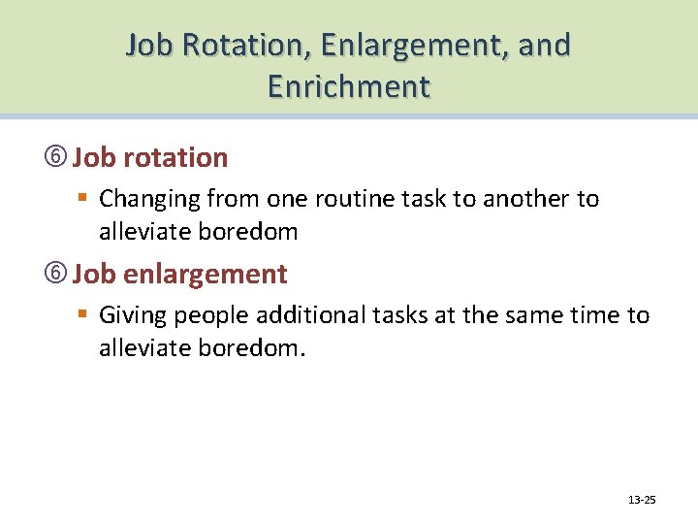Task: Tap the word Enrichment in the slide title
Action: tap(349, 86)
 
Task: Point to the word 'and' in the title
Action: tap(544, 46)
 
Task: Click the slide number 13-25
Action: tap(642, 500)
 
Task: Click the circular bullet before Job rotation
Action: tap(60, 158)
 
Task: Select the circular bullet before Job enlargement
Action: tap(60, 275)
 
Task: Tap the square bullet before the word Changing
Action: tap(84, 199)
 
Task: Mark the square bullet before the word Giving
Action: tap(84, 315)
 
